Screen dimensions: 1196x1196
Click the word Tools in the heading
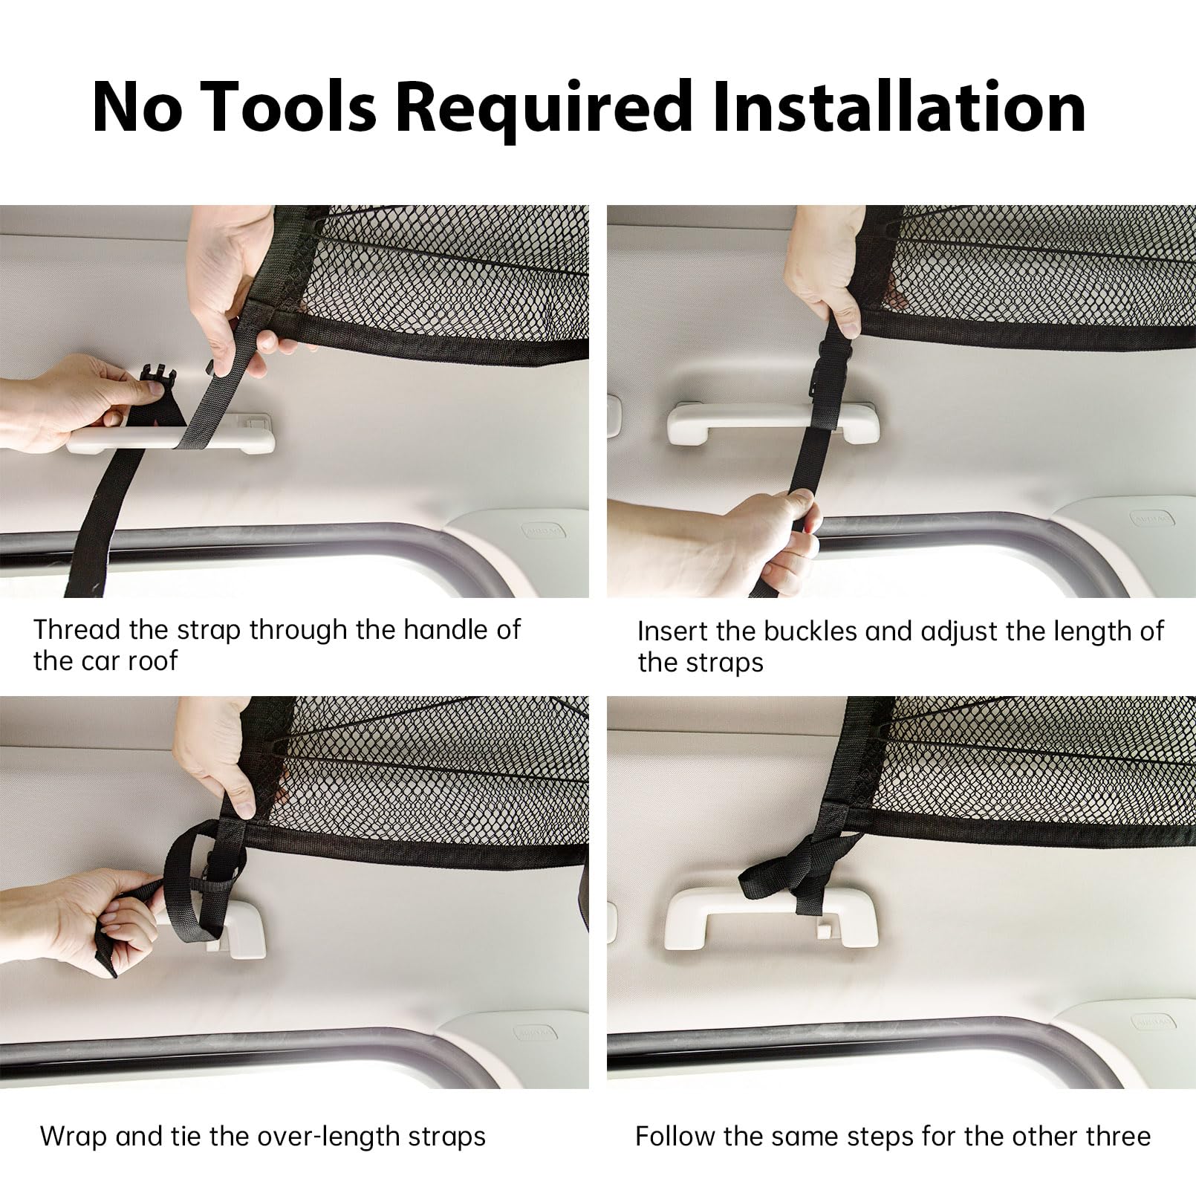click(x=288, y=107)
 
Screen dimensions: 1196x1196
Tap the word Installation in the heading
click(x=900, y=107)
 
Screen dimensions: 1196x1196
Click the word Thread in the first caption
click(x=77, y=629)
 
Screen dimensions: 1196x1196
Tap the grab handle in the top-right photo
click(x=773, y=423)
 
